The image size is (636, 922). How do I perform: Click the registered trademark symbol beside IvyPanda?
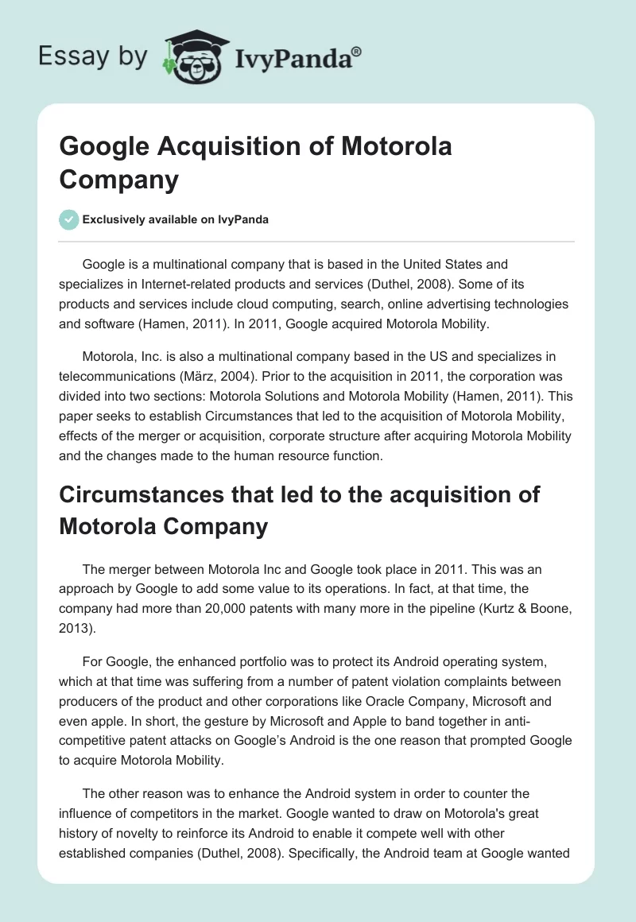[x=357, y=51]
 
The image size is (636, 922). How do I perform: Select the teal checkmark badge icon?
[x=69, y=219]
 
